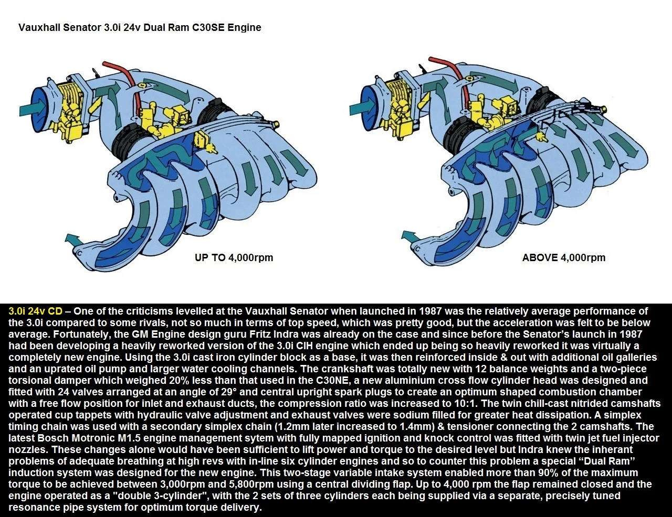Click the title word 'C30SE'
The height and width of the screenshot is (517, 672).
pyautogui.click(x=208, y=27)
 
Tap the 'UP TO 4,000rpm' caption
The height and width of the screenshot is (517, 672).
pyautogui.click(x=234, y=257)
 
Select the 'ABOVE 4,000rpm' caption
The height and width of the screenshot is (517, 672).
pyautogui.click(x=564, y=257)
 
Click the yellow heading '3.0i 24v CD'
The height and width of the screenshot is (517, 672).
pyautogui.click(x=35, y=311)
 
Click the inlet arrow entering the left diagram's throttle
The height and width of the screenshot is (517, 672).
pyautogui.click(x=33, y=109)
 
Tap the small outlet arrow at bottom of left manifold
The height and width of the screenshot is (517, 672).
pyautogui.click(x=73, y=239)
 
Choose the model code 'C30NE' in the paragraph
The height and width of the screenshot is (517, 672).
pyautogui.click(x=331, y=380)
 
